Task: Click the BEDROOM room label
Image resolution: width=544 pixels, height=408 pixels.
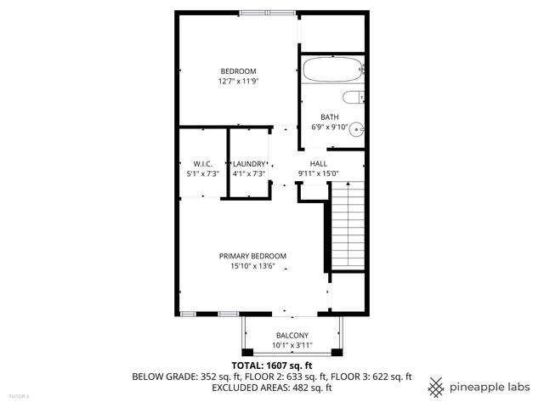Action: tap(238, 71)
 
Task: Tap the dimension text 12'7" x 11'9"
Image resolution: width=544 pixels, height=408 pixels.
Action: tap(238, 82)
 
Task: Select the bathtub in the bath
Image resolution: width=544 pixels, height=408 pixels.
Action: tap(332, 70)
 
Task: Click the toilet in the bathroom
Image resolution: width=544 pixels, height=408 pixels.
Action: tap(352, 97)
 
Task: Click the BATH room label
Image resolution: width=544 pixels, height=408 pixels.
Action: tap(330, 117)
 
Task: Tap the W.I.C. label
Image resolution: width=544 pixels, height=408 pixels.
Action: tap(202, 163)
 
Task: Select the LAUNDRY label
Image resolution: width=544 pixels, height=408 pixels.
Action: tap(249, 163)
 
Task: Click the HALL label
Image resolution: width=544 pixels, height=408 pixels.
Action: tap(318, 163)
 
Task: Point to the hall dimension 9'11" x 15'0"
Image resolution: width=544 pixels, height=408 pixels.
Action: tap(318, 173)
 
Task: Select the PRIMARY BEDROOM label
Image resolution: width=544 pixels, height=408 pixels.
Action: tap(252, 256)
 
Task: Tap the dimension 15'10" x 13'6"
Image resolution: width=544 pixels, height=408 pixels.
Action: tap(252, 266)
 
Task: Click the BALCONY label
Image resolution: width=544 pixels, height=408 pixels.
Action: tap(292, 335)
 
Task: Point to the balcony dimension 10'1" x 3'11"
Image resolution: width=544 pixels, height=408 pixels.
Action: tap(292, 345)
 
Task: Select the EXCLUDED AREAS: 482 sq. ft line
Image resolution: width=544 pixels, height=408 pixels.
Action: tap(272, 388)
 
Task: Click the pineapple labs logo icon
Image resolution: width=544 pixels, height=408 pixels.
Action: tap(436, 387)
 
